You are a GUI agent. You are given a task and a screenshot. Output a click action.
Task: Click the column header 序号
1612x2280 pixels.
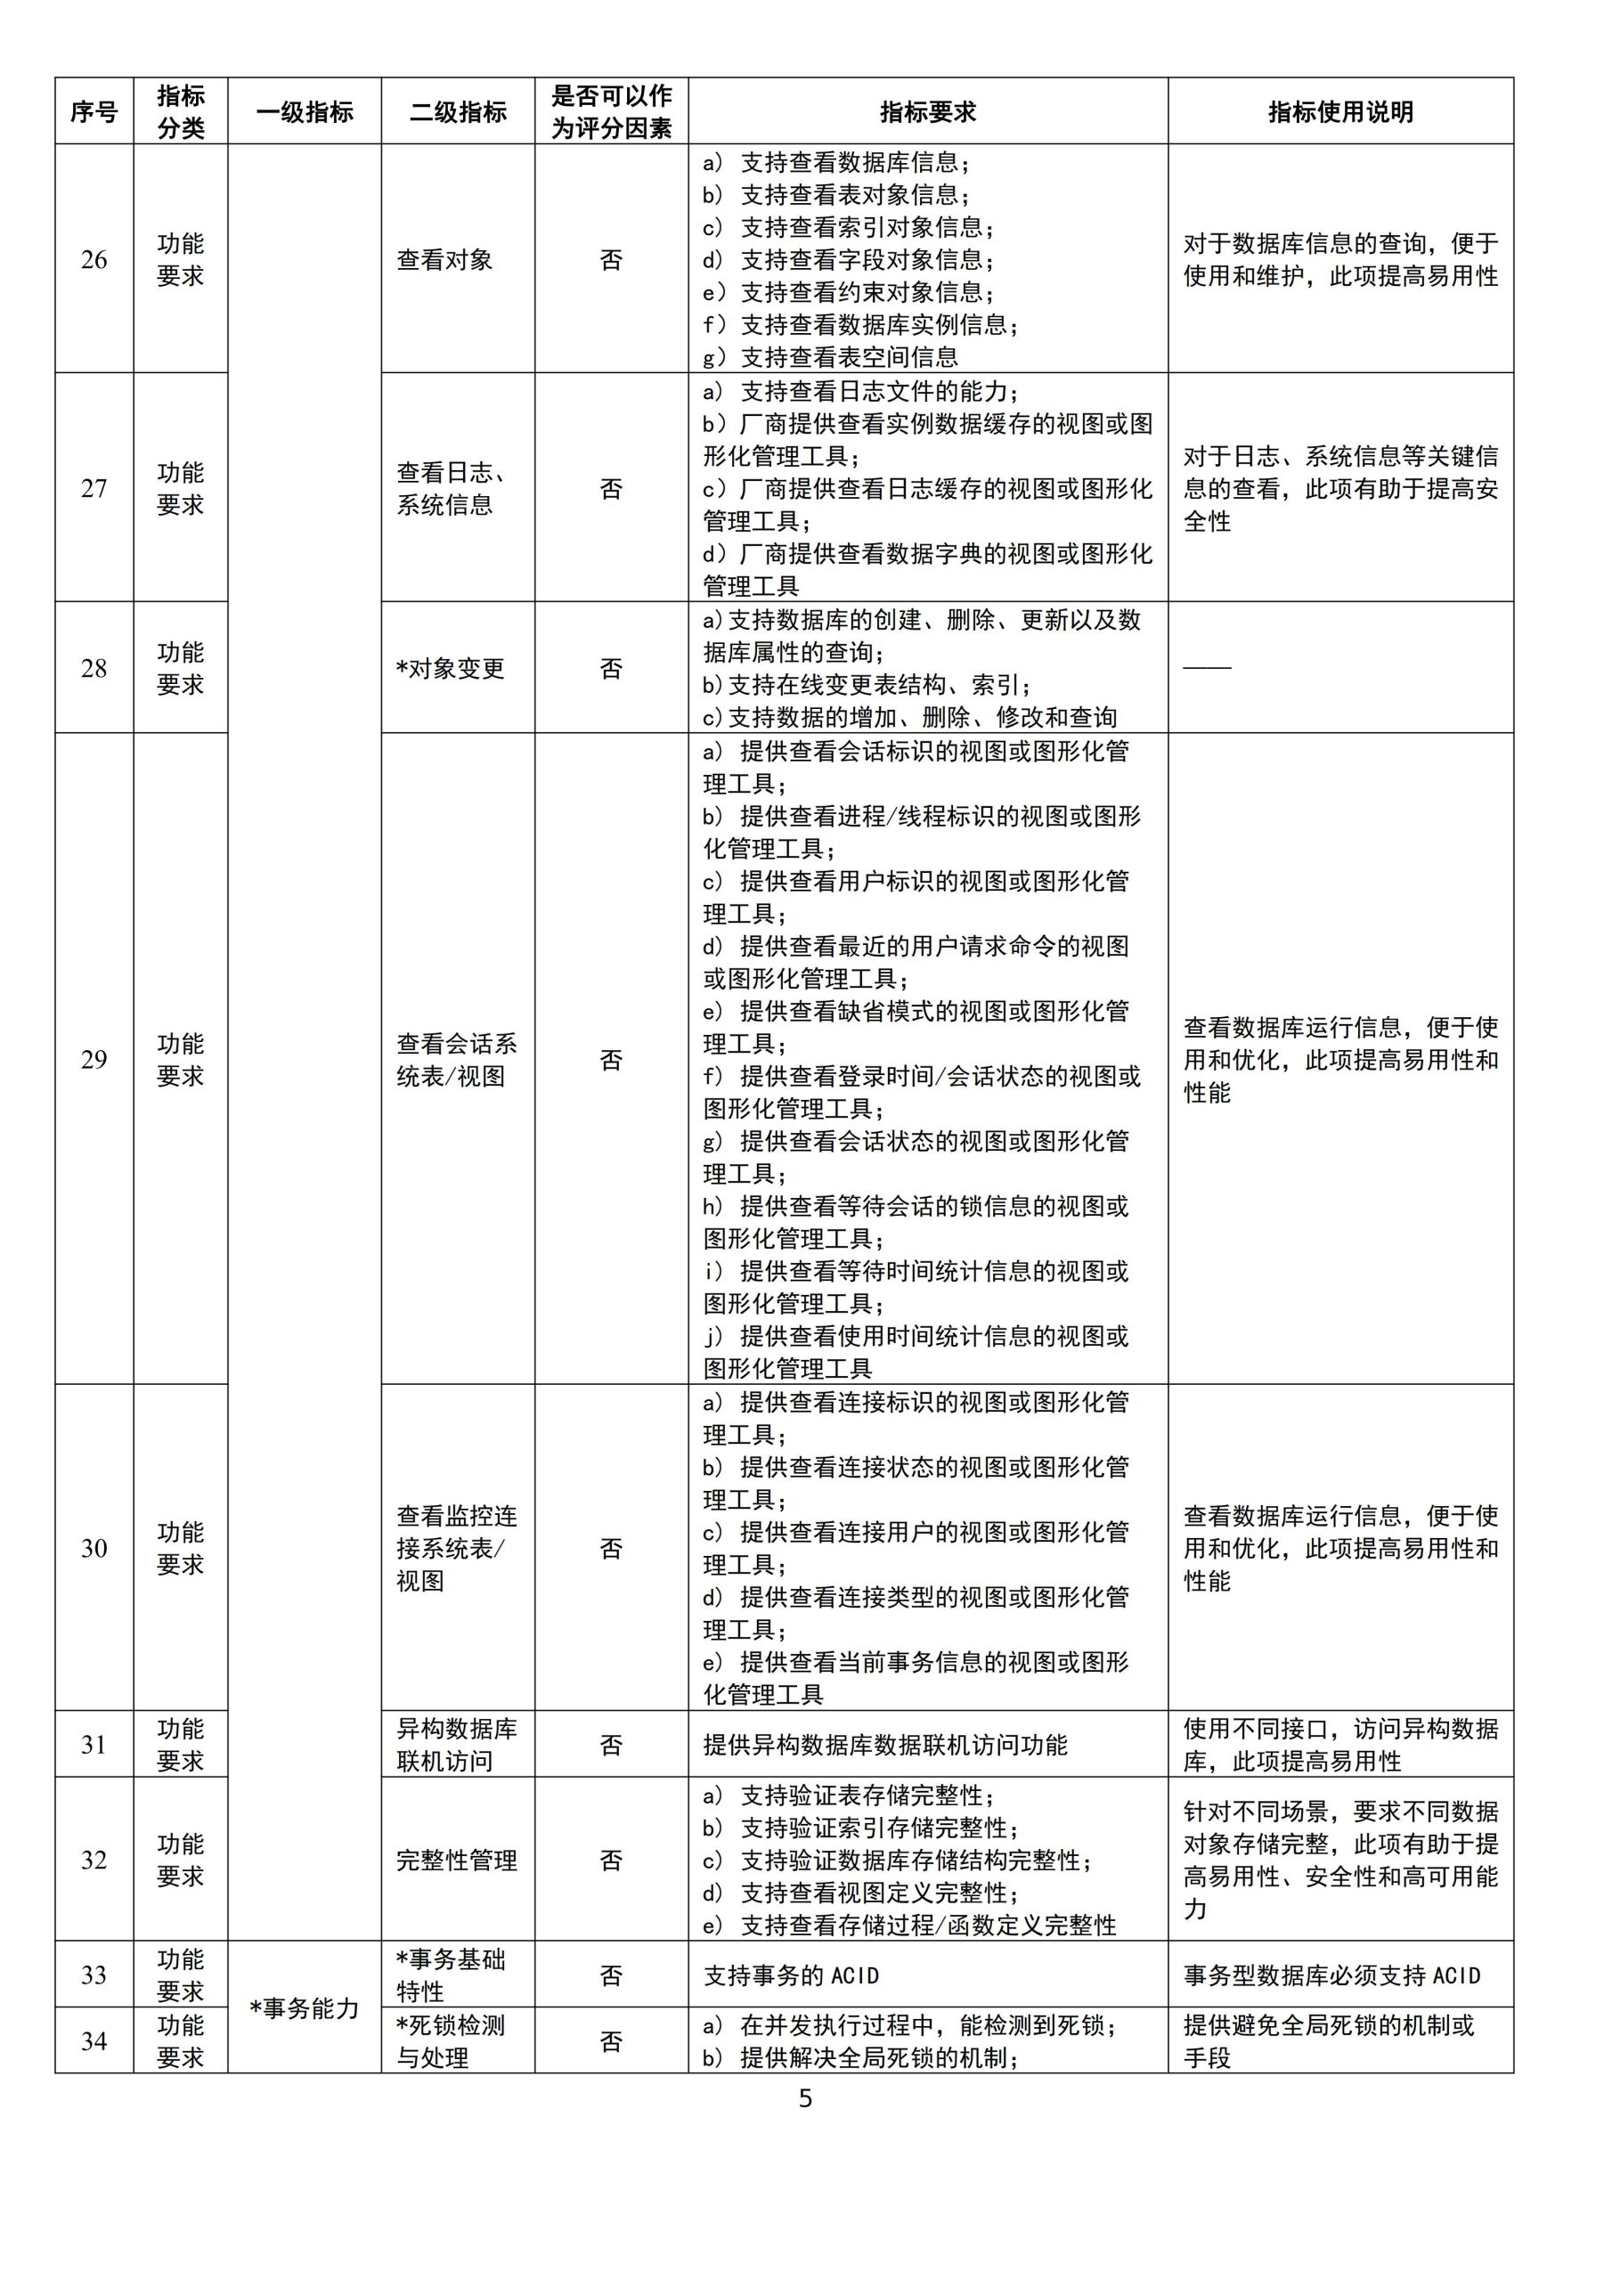click(94, 112)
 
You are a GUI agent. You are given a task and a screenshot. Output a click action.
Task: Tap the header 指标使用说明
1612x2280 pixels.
click(1339, 112)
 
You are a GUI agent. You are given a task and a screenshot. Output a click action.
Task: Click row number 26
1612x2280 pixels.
click(94, 260)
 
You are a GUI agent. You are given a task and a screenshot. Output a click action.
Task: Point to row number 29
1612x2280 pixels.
click(94, 1060)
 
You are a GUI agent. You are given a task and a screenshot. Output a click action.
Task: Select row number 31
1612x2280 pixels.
click(94, 1745)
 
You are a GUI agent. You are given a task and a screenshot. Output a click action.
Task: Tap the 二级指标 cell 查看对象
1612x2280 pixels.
click(445, 260)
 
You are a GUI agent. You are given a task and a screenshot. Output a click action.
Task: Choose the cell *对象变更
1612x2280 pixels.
click(451, 668)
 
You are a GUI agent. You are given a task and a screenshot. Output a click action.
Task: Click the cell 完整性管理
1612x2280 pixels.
click(457, 1860)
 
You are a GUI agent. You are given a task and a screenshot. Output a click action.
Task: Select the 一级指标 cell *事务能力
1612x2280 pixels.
click(304, 2007)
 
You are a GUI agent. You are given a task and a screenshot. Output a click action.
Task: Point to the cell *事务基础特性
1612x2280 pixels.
click(451, 1975)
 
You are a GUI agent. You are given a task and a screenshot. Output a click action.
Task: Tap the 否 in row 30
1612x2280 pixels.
click(611, 1548)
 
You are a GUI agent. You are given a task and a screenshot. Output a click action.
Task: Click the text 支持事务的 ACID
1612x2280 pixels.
click(792, 1976)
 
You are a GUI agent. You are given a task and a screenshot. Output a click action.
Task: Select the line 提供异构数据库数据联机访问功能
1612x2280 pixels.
click(885, 1745)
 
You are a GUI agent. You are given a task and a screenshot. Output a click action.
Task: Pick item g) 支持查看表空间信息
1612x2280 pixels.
click(830, 356)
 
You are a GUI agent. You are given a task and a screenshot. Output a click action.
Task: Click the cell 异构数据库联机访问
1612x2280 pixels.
click(457, 1745)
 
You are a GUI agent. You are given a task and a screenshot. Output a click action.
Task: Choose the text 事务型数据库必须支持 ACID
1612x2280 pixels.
click(1331, 1976)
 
